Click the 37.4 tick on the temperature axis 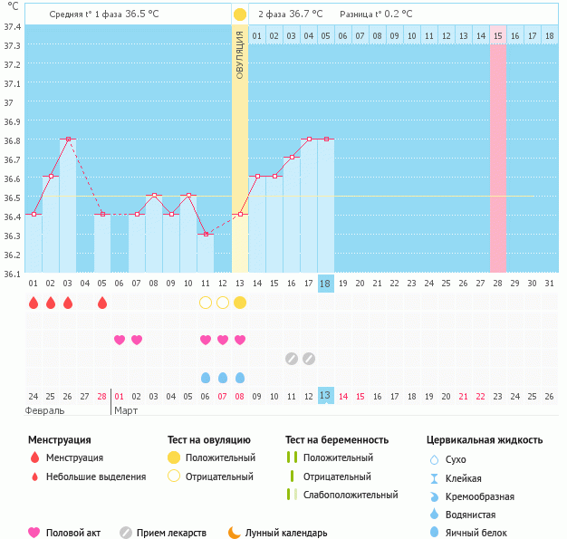pos(12,26)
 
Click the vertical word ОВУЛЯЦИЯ pos(239,54)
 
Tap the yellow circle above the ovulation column pos(239,14)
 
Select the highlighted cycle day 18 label pos(326,284)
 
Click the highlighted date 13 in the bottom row pos(326,395)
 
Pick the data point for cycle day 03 pos(68,139)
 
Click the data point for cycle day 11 pos(206,234)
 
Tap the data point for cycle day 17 pos(309,139)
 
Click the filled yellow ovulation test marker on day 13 pos(240,302)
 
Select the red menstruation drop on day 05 pos(102,302)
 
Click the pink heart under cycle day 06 pos(120,340)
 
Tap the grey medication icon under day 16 pos(292,359)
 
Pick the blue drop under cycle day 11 pos(206,377)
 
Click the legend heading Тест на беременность pos(337,439)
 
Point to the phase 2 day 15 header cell pos(498,35)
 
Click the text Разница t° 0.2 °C pos(375,14)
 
